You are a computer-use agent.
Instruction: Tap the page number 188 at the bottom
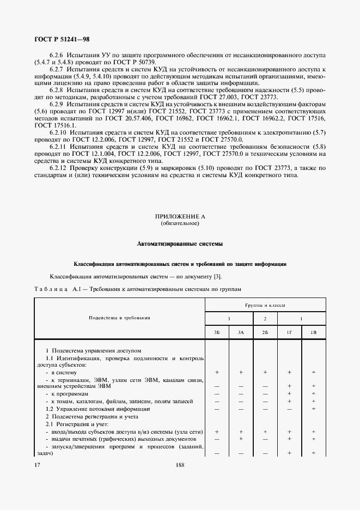pyautogui.click(x=180, y=465)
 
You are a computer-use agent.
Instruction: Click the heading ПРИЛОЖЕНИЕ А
pyautogui.click(x=180, y=216)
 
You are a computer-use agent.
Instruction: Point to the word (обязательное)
pyautogui.click(x=180, y=223)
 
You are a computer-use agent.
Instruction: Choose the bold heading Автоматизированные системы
pyautogui.click(x=180, y=243)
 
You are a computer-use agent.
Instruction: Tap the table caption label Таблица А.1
pyautogui.click(x=53, y=289)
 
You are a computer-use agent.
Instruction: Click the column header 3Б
pyautogui.click(x=217, y=332)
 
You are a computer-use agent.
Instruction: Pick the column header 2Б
pyautogui.click(x=265, y=332)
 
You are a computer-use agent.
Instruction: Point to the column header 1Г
pyautogui.click(x=289, y=332)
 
